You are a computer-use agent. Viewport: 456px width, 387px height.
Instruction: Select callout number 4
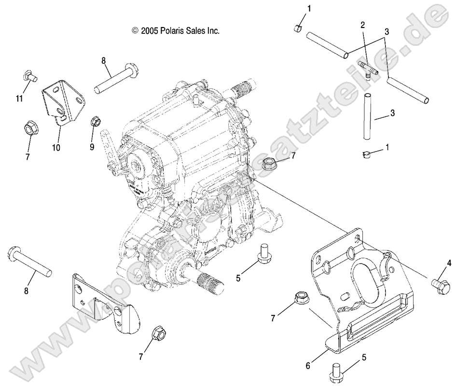click(449, 263)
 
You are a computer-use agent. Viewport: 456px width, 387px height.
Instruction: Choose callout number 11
click(19, 98)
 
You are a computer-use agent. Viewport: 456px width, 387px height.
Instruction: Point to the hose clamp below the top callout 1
click(298, 28)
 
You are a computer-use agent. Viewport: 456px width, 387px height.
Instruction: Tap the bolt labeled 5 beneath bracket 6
click(336, 370)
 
